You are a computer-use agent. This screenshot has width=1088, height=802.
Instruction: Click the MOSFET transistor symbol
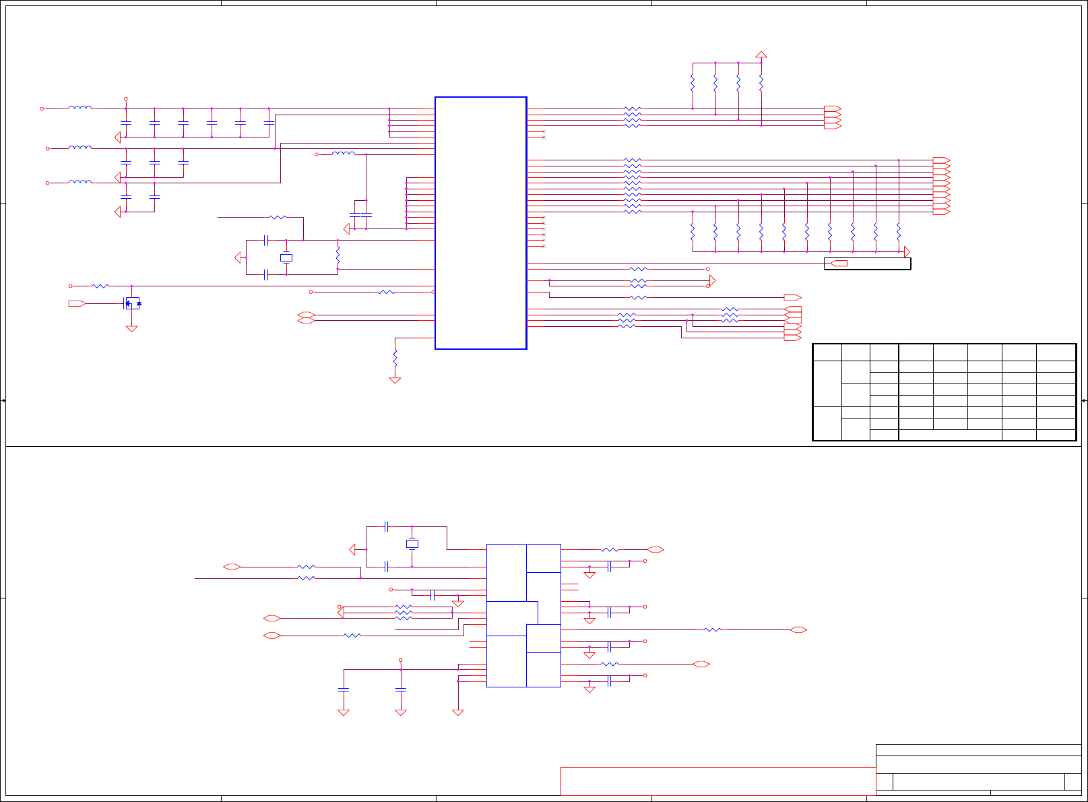tap(132, 303)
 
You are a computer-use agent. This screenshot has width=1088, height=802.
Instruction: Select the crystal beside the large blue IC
tap(286, 257)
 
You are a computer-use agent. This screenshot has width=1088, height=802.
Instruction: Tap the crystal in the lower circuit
tap(412, 544)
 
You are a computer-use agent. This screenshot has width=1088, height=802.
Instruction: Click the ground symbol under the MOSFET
tap(132, 329)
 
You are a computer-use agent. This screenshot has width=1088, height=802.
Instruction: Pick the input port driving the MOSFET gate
tap(77, 304)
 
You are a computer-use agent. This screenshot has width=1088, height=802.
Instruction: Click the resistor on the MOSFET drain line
tap(100, 286)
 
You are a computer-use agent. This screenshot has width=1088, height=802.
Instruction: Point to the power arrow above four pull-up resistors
tap(761, 55)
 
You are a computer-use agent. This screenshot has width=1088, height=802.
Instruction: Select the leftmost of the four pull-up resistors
tap(693, 84)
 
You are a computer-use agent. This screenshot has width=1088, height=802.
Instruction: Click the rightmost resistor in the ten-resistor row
tap(899, 232)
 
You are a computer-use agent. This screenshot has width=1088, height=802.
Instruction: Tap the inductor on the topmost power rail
tap(80, 108)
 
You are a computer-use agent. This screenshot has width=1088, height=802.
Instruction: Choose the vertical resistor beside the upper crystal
tap(338, 255)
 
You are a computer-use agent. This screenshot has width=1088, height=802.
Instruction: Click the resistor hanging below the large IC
tap(395, 357)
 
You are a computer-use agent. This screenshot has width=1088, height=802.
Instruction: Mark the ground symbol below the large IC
tap(395, 380)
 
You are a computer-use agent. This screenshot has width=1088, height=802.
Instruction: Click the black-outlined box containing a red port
tap(867, 264)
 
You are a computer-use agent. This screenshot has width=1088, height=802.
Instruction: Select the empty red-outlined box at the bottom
tap(717, 781)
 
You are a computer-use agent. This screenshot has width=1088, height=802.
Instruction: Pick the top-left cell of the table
tap(827, 352)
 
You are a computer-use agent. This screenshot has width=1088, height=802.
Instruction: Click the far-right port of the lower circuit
tap(798, 630)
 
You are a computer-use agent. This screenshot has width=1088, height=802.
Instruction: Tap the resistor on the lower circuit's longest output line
tap(712, 630)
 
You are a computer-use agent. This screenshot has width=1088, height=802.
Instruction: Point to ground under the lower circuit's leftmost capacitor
tap(343, 712)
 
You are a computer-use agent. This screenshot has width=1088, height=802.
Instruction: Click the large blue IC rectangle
tap(480, 222)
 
